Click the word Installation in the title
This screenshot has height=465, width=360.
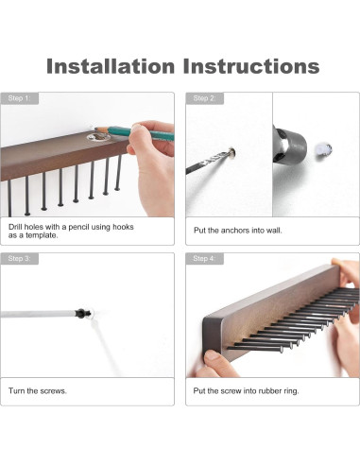(111, 66)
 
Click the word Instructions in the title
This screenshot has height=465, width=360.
(251, 66)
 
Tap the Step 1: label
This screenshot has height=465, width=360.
(19, 98)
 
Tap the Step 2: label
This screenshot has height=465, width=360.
(204, 98)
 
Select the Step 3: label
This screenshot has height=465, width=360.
(19, 259)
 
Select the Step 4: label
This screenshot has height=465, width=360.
(204, 259)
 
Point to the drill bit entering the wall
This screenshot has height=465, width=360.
(211, 162)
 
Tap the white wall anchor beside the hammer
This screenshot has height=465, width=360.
(323, 148)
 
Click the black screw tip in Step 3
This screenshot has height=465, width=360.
(82, 313)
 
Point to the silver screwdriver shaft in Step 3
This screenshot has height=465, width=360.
(38, 314)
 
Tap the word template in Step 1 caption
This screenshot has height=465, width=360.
(42, 235)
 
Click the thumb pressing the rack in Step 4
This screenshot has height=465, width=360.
(215, 358)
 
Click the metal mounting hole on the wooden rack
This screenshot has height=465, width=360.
(97, 137)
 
